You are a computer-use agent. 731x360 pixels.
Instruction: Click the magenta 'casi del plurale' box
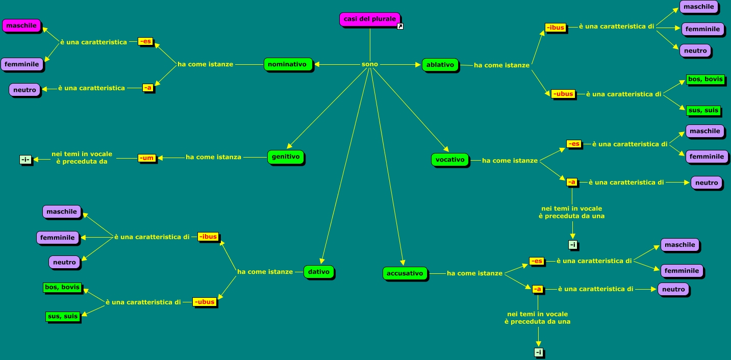tap(370, 19)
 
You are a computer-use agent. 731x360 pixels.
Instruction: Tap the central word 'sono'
tap(370, 64)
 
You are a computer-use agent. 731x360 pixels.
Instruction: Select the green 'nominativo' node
tap(287, 64)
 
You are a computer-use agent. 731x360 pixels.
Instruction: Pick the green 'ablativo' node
tap(440, 65)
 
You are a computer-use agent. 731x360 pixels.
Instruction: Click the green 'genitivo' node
tap(285, 157)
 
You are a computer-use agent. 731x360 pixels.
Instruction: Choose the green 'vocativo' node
tap(450, 160)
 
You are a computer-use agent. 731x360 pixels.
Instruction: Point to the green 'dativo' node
tap(319, 272)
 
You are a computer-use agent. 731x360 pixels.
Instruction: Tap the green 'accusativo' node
tap(405, 273)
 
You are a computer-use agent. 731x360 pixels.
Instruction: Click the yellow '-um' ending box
tap(146, 158)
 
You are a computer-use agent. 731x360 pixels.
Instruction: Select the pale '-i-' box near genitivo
tap(26, 160)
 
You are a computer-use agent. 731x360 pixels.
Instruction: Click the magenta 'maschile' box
tap(21, 25)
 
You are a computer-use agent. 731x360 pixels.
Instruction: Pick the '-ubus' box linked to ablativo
tap(563, 94)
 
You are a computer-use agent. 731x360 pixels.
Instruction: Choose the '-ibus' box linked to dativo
tap(208, 237)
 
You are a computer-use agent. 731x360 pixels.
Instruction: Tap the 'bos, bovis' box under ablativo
tap(705, 79)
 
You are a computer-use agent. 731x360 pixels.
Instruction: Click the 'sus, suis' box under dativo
tap(63, 316)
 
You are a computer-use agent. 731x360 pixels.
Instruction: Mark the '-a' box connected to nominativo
tap(147, 88)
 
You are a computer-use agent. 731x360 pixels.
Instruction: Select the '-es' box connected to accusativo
tap(537, 261)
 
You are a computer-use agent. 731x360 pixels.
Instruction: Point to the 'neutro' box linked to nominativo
tap(24, 90)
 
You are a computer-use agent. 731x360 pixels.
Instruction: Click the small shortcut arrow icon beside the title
tap(400, 27)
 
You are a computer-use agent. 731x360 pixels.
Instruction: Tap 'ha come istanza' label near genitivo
tap(213, 157)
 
